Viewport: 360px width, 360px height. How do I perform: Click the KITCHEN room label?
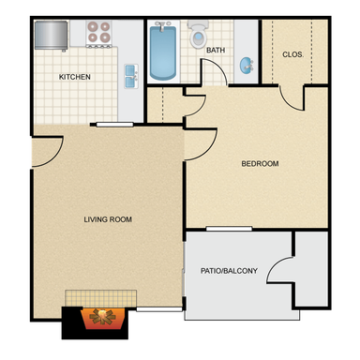click(75, 77)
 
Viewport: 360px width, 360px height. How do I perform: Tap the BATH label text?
click(216, 50)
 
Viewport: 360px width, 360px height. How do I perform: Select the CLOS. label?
click(292, 54)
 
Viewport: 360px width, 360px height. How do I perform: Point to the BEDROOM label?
click(260, 163)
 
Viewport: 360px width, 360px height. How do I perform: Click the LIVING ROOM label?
click(108, 219)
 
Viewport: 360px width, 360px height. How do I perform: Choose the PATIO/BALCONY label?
click(229, 271)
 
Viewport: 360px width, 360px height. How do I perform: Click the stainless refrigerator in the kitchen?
click(51, 36)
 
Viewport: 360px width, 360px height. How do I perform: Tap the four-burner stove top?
click(99, 34)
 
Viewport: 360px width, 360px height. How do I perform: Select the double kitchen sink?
click(131, 76)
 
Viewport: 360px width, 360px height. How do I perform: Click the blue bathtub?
click(163, 52)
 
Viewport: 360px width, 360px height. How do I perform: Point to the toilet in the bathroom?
click(198, 34)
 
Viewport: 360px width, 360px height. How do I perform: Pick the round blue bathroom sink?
click(247, 66)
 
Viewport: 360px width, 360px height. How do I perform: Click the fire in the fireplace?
click(103, 318)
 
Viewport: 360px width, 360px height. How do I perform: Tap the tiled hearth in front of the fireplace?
click(100, 298)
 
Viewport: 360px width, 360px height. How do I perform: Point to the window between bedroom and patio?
click(229, 229)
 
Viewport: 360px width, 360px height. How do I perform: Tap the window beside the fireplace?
click(159, 309)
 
